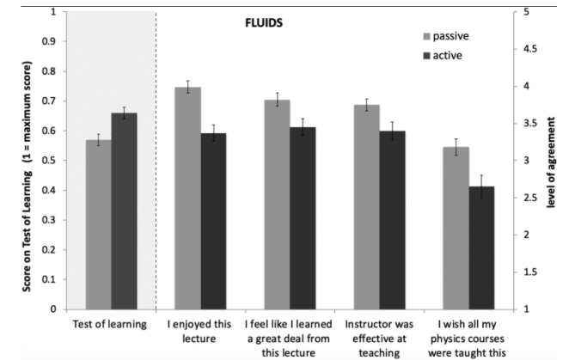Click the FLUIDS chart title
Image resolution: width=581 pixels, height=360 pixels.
pos(259,23)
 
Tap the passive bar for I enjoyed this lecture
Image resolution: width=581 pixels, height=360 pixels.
pos(187,198)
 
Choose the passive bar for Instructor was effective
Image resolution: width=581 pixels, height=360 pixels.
pos(367,207)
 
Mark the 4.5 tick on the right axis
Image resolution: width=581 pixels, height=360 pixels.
pos(526,50)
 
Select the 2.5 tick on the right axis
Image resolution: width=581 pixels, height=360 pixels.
pos(526,198)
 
